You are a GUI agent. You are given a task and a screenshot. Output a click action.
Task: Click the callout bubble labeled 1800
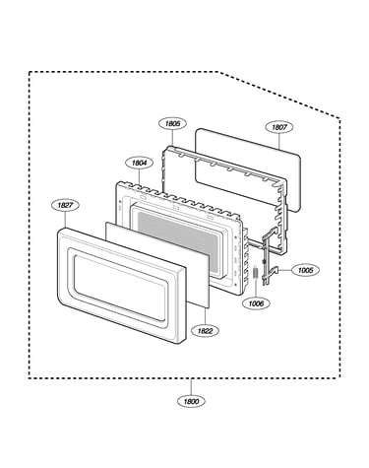(x=191, y=401)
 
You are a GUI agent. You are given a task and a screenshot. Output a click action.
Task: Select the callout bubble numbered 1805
(x=172, y=123)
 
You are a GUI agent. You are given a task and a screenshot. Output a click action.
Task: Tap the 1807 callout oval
(x=278, y=127)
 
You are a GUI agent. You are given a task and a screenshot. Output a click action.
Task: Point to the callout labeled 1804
(x=140, y=163)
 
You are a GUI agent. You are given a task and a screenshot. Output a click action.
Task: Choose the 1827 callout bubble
(x=65, y=205)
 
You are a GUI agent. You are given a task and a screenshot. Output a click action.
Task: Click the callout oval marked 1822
(x=205, y=331)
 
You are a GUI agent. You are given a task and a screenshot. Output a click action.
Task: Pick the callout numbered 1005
(x=305, y=270)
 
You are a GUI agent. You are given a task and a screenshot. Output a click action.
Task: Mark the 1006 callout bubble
(x=256, y=303)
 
